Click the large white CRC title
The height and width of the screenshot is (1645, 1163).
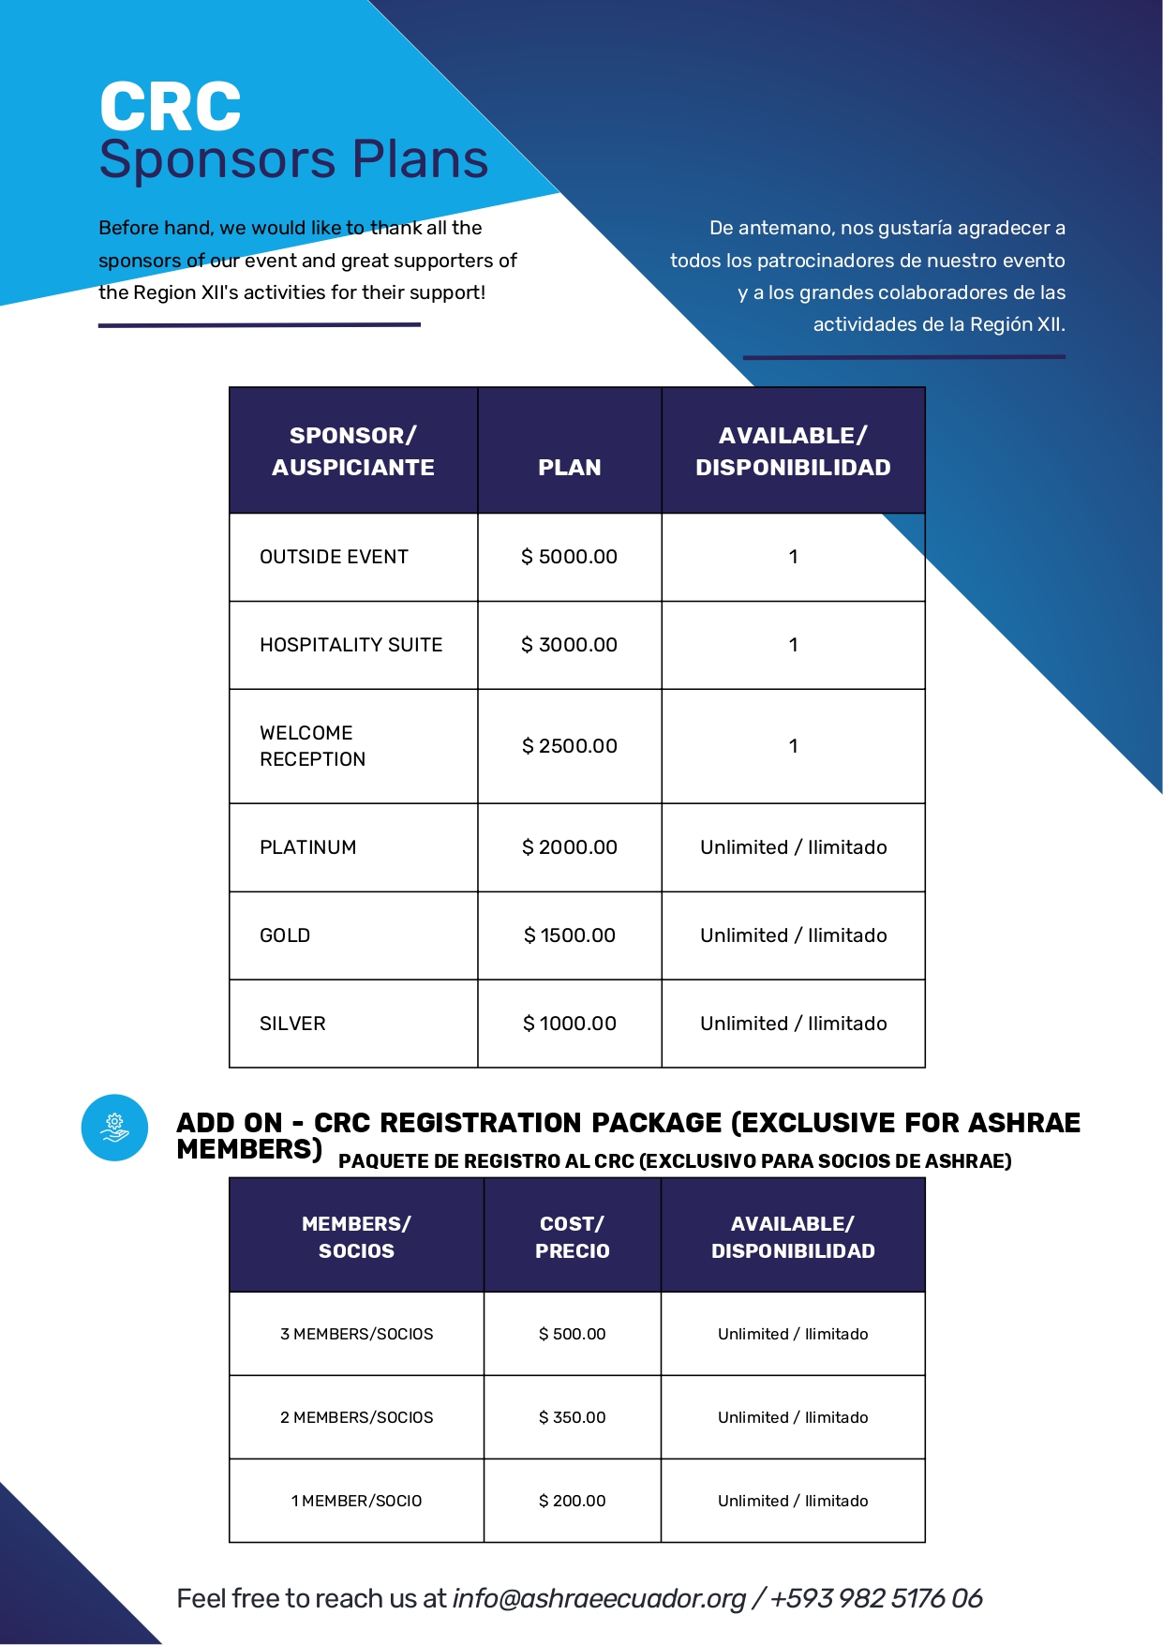[170, 107]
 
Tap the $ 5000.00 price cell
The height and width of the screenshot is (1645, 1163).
[569, 557]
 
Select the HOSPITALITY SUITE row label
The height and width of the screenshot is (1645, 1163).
[350, 645]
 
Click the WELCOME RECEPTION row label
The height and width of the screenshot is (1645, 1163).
[312, 746]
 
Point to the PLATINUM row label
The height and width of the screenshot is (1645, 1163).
[307, 847]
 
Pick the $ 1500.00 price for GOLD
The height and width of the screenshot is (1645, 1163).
[569, 935]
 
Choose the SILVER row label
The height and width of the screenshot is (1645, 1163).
[292, 1024]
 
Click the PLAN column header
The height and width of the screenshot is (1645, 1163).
[569, 467]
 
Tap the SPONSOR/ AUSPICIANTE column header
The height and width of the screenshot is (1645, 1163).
[353, 451]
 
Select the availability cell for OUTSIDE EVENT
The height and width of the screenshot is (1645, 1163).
[793, 557]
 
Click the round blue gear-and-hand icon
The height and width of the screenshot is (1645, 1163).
[114, 1128]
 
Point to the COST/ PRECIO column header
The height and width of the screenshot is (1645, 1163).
[572, 1237]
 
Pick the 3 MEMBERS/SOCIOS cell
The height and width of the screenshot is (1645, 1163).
[356, 1334]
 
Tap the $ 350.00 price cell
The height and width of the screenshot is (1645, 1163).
[572, 1417]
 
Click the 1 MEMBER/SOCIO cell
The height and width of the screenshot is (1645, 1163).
[356, 1501]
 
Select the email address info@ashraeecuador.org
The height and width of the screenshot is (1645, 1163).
[599, 1598]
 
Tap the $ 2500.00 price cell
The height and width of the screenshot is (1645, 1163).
[569, 746]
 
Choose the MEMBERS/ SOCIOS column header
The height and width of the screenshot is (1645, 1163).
[356, 1237]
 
